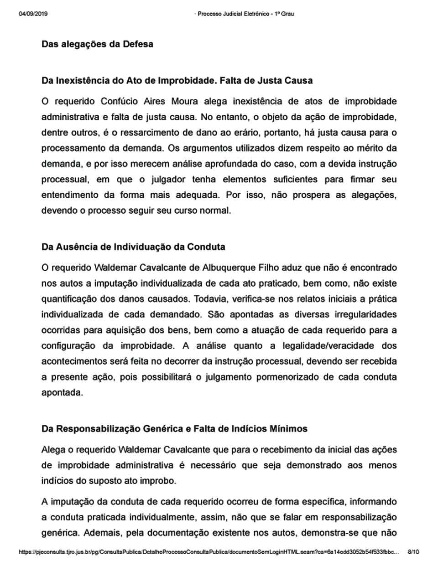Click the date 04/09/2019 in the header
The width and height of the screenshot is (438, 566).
pos(33,14)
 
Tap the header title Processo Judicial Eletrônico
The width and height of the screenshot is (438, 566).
pos(245,14)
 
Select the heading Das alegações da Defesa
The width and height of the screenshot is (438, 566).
pos(97,44)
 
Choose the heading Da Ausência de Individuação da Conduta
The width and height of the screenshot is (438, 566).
pos(133,247)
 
